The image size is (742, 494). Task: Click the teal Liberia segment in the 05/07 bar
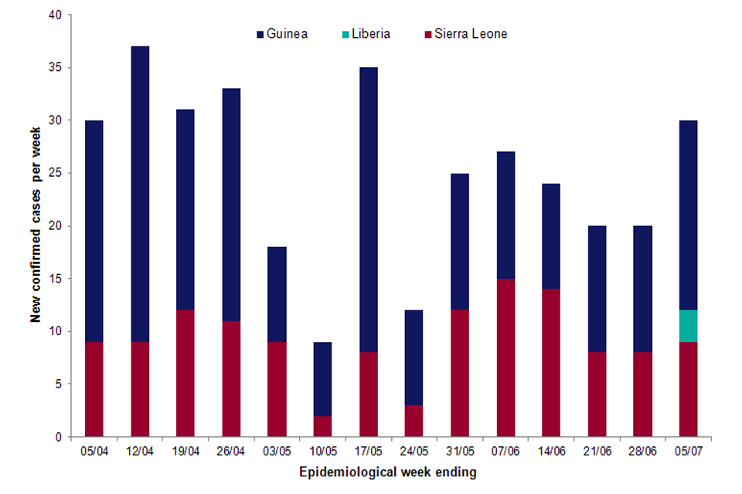tap(688, 326)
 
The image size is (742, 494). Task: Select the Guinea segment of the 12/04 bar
tap(139, 194)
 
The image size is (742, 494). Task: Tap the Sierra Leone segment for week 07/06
tap(505, 357)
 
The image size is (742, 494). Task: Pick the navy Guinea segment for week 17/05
tap(368, 210)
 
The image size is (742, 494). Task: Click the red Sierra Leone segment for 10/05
tap(322, 426)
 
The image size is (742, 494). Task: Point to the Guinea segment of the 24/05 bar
tap(414, 357)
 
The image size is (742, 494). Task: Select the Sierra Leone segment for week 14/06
tap(550, 363)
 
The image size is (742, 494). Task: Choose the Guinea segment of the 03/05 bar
tap(276, 294)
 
